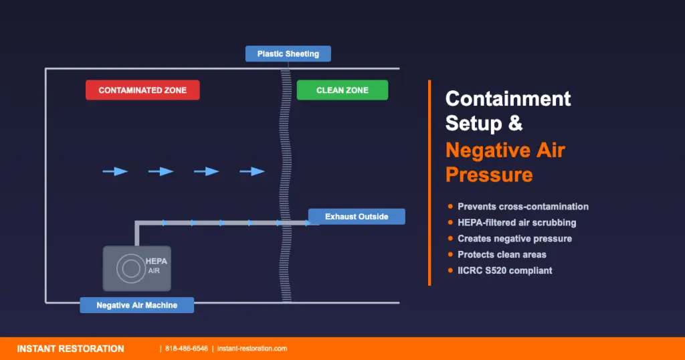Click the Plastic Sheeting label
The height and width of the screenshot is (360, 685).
pyautogui.click(x=288, y=54)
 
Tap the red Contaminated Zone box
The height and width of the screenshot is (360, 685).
pyautogui.click(x=142, y=90)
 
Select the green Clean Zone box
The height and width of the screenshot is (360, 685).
pyautogui.click(x=342, y=90)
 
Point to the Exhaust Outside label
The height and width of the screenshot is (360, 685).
pyautogui.click(x=357, y=217)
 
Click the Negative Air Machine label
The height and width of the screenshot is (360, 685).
pyautogui.click(x=136, y=305)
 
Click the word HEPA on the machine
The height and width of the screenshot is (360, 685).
pyautogui.click(x=157, y=261)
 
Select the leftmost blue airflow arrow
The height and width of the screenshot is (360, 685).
pyautogui.click(x=115, y=171)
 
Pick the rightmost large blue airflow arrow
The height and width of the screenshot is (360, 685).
pyautogui.click(x=252, y=171)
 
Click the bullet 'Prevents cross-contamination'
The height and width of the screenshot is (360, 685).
pyautogui.click(x=522, y=207)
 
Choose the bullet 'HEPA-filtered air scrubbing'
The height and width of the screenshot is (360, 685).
pyautogui.click(x=516, y=222)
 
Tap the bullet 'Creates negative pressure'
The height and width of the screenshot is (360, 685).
pyautogui.click(x=514, y=238)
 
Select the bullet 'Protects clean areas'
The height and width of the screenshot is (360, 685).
pyautogui.click(x=502, y=254)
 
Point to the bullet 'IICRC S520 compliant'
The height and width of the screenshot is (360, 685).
pyautogui.click(x=504, y=270)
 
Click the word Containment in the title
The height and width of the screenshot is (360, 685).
pyautogui.click(x=508, y=99)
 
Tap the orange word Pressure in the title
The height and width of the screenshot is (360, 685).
pyautogui.click(x=489, y=175)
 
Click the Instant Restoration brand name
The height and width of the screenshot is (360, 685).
pyautogui.click(x=70, y=349)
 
